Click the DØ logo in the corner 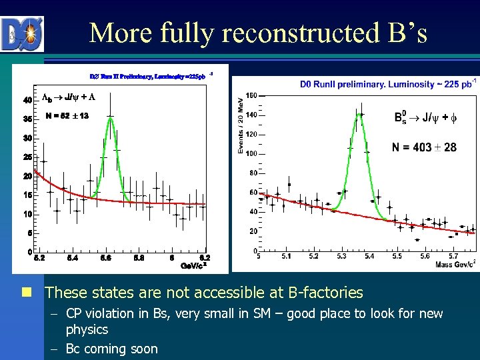pos(22,33)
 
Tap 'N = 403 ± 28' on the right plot pos(424,147)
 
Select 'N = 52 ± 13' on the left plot pos(67,116)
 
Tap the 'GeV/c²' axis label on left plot pos(193,265)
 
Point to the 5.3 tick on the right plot pos(341,256)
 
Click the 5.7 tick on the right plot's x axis pos(453,256)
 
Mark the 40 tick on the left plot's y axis pos(27,100)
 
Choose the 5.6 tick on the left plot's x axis pos(105,257)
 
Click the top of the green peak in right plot pos(359,114)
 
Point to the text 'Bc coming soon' pos(111,349)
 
